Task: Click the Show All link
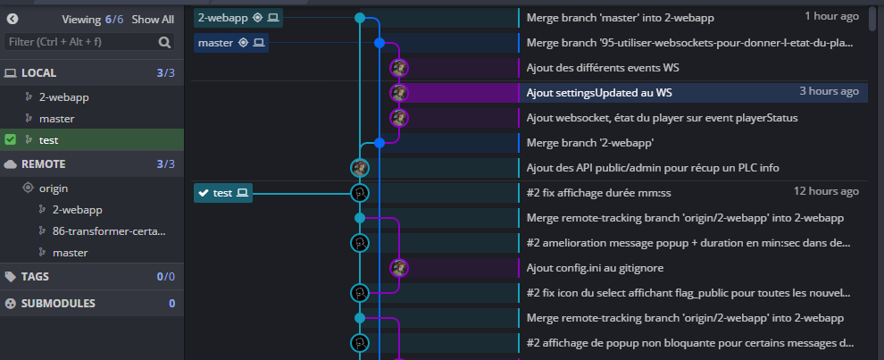tap(153, 19)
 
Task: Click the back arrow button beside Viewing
tap(13, 19)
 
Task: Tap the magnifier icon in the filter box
tap(164, 41)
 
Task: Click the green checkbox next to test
tap(10, 139)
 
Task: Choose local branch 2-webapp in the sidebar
tap(63, 96)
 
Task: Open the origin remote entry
tap(54, 188)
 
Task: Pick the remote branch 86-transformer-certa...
tap(108, 230)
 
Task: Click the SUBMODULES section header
tap(58, 303)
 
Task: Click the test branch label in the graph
tap(223, 192)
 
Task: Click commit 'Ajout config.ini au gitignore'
tap(595, 267)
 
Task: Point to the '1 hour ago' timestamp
tap(831, 17)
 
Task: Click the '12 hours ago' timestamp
tap(826, 192)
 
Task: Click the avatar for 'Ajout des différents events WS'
tap(398, 67)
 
